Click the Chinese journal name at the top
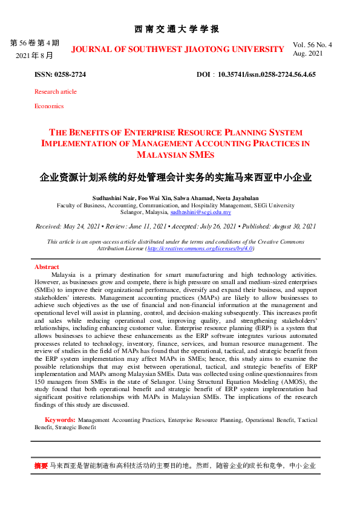pos(176,29)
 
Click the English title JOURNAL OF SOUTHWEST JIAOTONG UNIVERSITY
pos(177,49)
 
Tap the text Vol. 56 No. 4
pos(312,45)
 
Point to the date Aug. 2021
pos(308,54)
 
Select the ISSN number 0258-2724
pos(71,74)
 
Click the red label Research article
pos(56,91)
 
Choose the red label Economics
pos(49,106)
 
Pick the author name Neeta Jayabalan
pos(241,198)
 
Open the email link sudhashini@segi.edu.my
pos(201,212)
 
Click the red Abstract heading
pos(47,267)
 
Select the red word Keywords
pos(59,420)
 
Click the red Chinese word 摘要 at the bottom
pos(41,466)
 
